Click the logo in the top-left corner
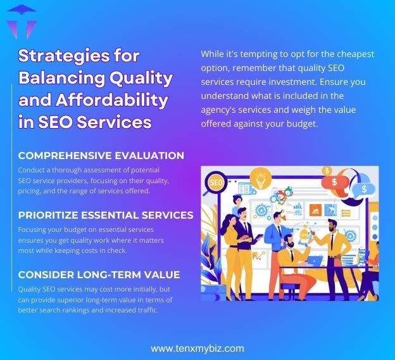20,22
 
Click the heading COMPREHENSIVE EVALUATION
101,155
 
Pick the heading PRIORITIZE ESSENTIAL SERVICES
106,215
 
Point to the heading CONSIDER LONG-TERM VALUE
99,274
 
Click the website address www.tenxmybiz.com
197,348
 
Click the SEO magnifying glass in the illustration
214,184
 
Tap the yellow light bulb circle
260,177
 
